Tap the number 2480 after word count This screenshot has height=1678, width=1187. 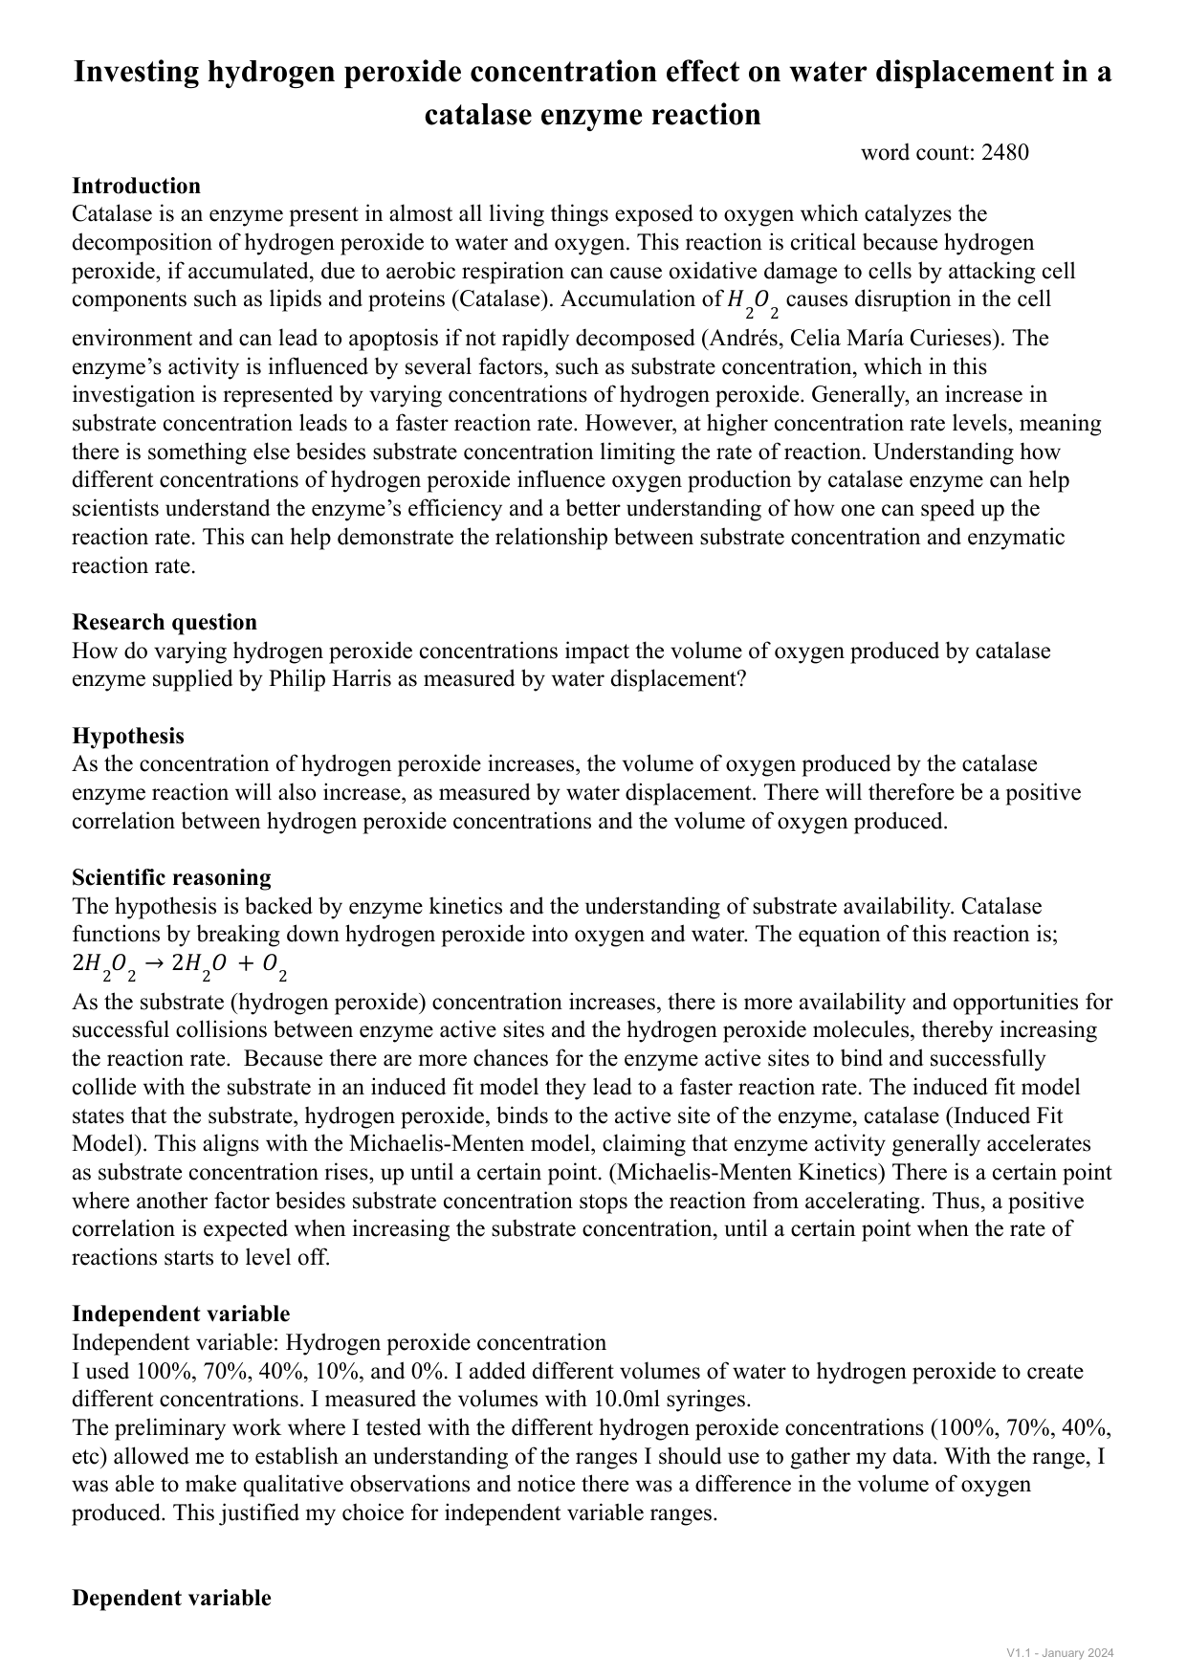[1004, 152]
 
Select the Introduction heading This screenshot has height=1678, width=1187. [136, 186]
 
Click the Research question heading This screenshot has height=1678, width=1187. [165, 622]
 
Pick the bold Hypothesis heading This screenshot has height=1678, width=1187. [128, 736]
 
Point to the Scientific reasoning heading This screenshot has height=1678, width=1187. [171, 877]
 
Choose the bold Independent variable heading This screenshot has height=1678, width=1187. [181, 1314]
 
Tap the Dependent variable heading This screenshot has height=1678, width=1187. [171, 1598]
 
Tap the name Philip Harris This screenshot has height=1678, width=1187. [331, 679]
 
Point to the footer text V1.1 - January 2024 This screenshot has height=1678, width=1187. [1060, 1653]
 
